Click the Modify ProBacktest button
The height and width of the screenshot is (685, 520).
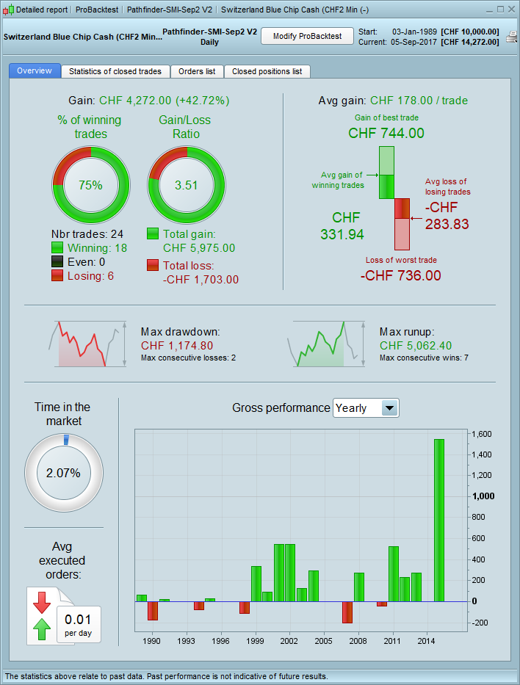pos(307,36)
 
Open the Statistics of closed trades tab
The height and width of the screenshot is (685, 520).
pos(115,71)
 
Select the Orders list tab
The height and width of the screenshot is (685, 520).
pos(197,71)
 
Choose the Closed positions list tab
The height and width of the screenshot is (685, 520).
pos(267,71)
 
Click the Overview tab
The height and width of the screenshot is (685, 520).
pos(35,70)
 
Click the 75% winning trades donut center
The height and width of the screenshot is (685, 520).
pos(90,185)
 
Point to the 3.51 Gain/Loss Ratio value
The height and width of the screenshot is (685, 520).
pos(187,185)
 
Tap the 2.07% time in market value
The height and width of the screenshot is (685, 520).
pos(63,473)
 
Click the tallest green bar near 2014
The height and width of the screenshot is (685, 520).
pos(438,520)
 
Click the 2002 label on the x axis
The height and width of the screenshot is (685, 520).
pos(289,641)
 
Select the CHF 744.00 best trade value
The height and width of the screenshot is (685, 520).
pos(386,133)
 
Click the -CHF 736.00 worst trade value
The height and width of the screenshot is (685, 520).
pos(401,275)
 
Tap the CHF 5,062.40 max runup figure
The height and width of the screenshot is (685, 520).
pos(416,346)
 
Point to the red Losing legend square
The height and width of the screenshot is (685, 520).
pos(57,276)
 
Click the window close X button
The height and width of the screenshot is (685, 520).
pos(511,10)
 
